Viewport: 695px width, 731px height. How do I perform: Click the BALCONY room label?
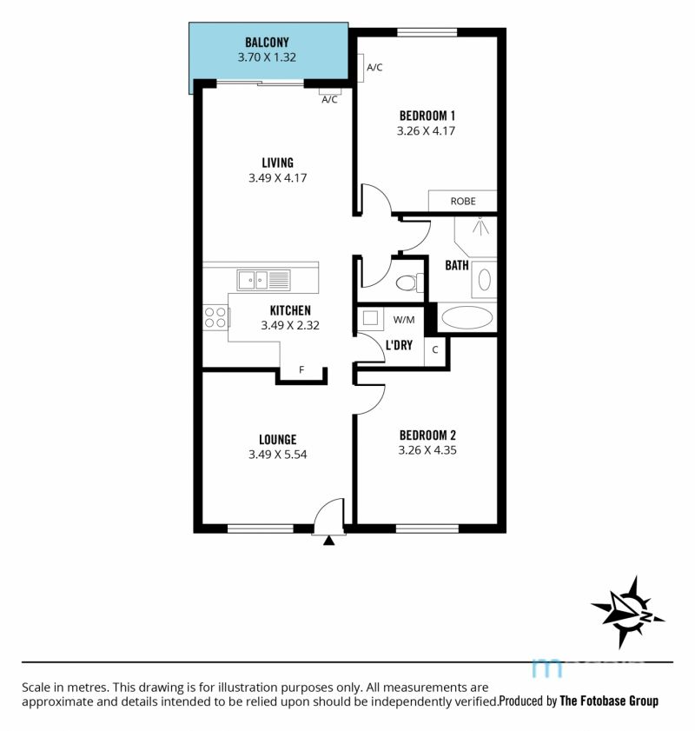pos(267,43)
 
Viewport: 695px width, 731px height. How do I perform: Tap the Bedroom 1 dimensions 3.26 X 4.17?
pos(426,131)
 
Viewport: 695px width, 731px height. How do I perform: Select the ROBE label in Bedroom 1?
pos(463,202)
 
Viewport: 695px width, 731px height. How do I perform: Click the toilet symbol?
pos(410,282)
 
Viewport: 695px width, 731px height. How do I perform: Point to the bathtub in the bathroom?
pos(467,318)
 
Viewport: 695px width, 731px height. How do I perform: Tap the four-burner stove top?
pos(215,317)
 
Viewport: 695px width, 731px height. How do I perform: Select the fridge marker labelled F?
pos(301,369)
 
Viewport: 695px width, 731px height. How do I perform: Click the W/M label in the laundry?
pos(403,320)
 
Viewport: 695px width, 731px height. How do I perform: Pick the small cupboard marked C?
pos(435,349)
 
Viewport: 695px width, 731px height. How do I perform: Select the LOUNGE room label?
pos(278,440)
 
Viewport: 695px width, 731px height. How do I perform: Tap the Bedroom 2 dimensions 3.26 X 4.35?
pos(427,450)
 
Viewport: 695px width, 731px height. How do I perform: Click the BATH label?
pos(456,265)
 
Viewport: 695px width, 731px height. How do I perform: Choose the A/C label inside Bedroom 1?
pos(374,68)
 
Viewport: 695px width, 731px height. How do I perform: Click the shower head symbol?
pos(480,225)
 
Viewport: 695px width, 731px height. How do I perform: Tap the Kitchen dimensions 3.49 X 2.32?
pos(290,325)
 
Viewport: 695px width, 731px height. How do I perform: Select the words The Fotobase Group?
pos(609,701)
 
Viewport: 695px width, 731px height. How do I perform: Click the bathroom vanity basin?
pos(485,280)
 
